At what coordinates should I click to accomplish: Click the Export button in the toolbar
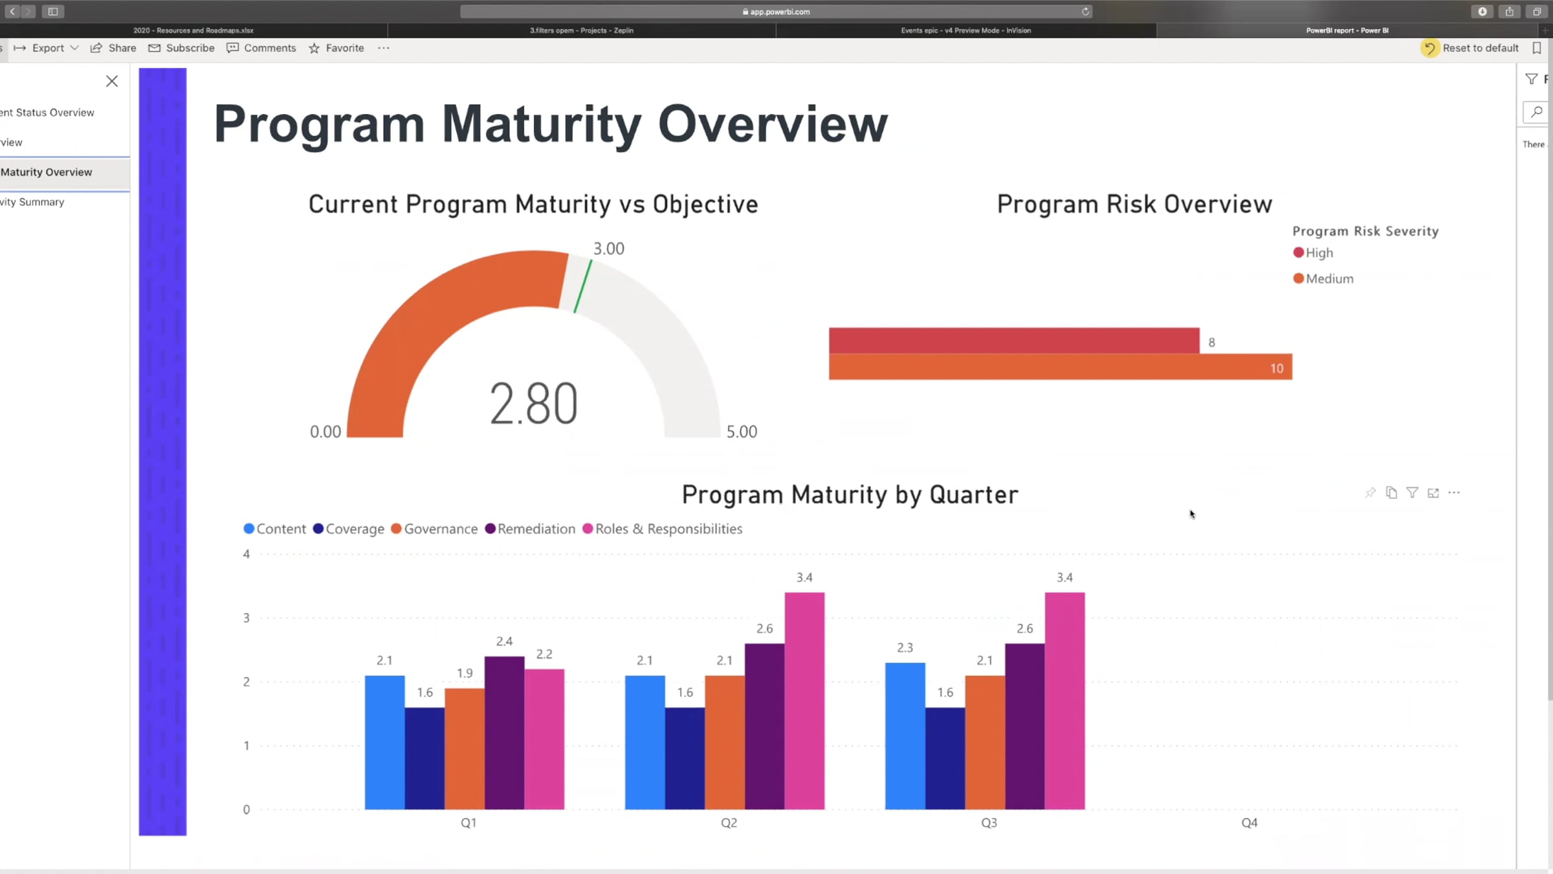47,48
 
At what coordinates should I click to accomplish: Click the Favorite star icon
314,49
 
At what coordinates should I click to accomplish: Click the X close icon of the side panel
112,81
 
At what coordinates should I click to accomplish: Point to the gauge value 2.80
533,404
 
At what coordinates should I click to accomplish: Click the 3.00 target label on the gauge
609,249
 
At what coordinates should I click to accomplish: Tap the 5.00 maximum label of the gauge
742,432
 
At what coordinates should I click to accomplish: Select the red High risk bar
1013,341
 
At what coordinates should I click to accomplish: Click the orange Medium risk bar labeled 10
1060,367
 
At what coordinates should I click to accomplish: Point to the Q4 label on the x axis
1249,823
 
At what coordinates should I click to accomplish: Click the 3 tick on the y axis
247,618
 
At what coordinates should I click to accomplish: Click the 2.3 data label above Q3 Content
905,648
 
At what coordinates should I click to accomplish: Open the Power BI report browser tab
1347,30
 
